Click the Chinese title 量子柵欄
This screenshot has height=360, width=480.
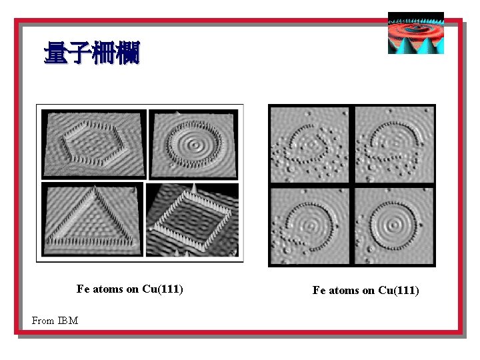tap(91, 54)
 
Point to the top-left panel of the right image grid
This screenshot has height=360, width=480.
tap(309, 144)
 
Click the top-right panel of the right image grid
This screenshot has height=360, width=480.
tap(394, 144)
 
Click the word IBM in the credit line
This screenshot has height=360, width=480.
tap(67, 321)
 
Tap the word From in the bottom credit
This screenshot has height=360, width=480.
tap(43, 321)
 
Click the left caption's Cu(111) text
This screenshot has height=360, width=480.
tap(163, 289)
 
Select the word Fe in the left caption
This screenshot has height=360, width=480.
tap(83, 289)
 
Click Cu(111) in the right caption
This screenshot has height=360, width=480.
tap(399, 290)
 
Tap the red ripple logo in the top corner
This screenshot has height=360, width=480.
tap(415, 33)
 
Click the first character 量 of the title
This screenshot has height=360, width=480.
tap(55, 54)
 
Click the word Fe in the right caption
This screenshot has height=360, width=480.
tap(319, 290)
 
